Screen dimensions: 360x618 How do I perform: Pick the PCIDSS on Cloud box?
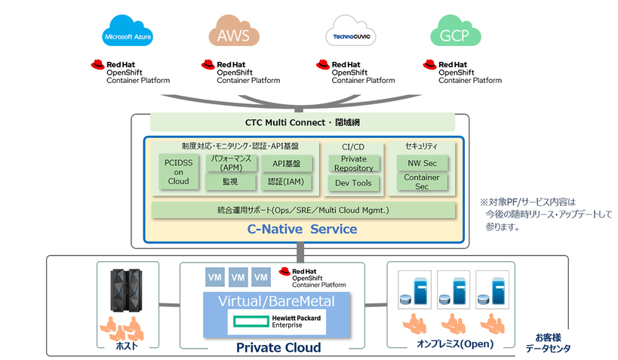coord(178,171)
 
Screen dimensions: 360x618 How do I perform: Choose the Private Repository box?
coord(354,164)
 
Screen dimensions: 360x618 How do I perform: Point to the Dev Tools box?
coord(354,183)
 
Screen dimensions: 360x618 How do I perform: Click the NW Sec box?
coord(422,163)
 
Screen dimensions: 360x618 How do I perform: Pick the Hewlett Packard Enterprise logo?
coord(277,323)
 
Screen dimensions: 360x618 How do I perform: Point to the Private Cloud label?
coord(278,347)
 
